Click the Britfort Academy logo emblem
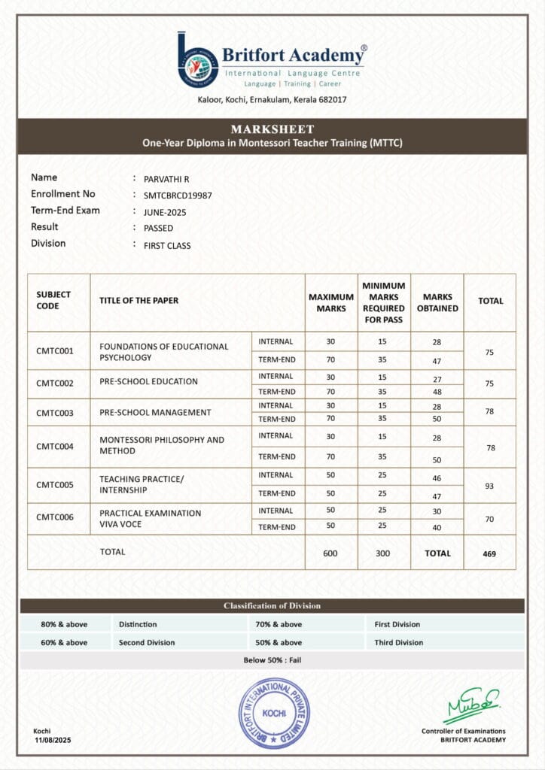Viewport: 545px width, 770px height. tap(198, 59)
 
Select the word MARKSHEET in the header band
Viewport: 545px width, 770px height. tap(272, 129)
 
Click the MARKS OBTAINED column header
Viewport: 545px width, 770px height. tap(437, 302)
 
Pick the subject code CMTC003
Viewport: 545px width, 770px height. tap(55, 413)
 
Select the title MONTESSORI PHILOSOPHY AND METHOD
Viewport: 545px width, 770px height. tap(162, 445)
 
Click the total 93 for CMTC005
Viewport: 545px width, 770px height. tap(489, 486)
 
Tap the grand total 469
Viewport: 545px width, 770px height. tap(489, 553)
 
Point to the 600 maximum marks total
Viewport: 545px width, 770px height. tap(330, 553)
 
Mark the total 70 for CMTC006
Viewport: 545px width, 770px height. tap(489, 519)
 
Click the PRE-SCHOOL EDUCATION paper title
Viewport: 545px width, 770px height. tap(148, 381)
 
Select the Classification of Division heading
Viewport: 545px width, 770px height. tap(272, 605)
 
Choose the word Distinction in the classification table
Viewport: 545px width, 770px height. tap(138, 624)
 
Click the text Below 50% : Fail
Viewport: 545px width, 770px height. tap(272, 660)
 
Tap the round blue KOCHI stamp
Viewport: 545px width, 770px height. tap(273, 713)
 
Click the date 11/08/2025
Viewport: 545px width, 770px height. tap(51, 741)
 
